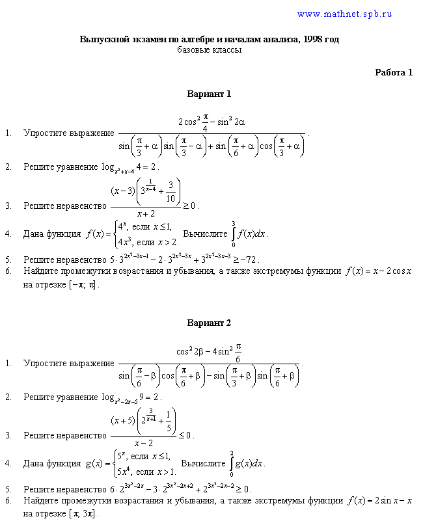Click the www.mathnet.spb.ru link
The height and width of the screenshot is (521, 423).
coord(344,14)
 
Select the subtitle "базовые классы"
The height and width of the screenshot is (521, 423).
coord(209,50)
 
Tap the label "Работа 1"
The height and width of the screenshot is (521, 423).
coord(394,72)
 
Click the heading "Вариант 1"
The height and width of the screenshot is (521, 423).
coord(209,94)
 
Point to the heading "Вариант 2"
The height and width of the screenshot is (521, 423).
coord(209,323)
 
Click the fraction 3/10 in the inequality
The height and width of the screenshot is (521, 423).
coord(171,192)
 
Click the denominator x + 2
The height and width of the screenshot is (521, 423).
coord(146,213)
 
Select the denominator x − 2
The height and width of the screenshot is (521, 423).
coord(144,443)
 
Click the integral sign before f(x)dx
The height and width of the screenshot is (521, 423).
coord(234,234)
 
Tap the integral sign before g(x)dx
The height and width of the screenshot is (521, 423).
coord(232,464)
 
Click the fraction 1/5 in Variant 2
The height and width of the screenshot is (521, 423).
coord(169,421)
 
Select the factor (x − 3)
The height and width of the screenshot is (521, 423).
coord(123,191)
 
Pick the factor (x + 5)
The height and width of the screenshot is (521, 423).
coord(123,421)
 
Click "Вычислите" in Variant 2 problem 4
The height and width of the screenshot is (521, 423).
coord(203,464)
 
